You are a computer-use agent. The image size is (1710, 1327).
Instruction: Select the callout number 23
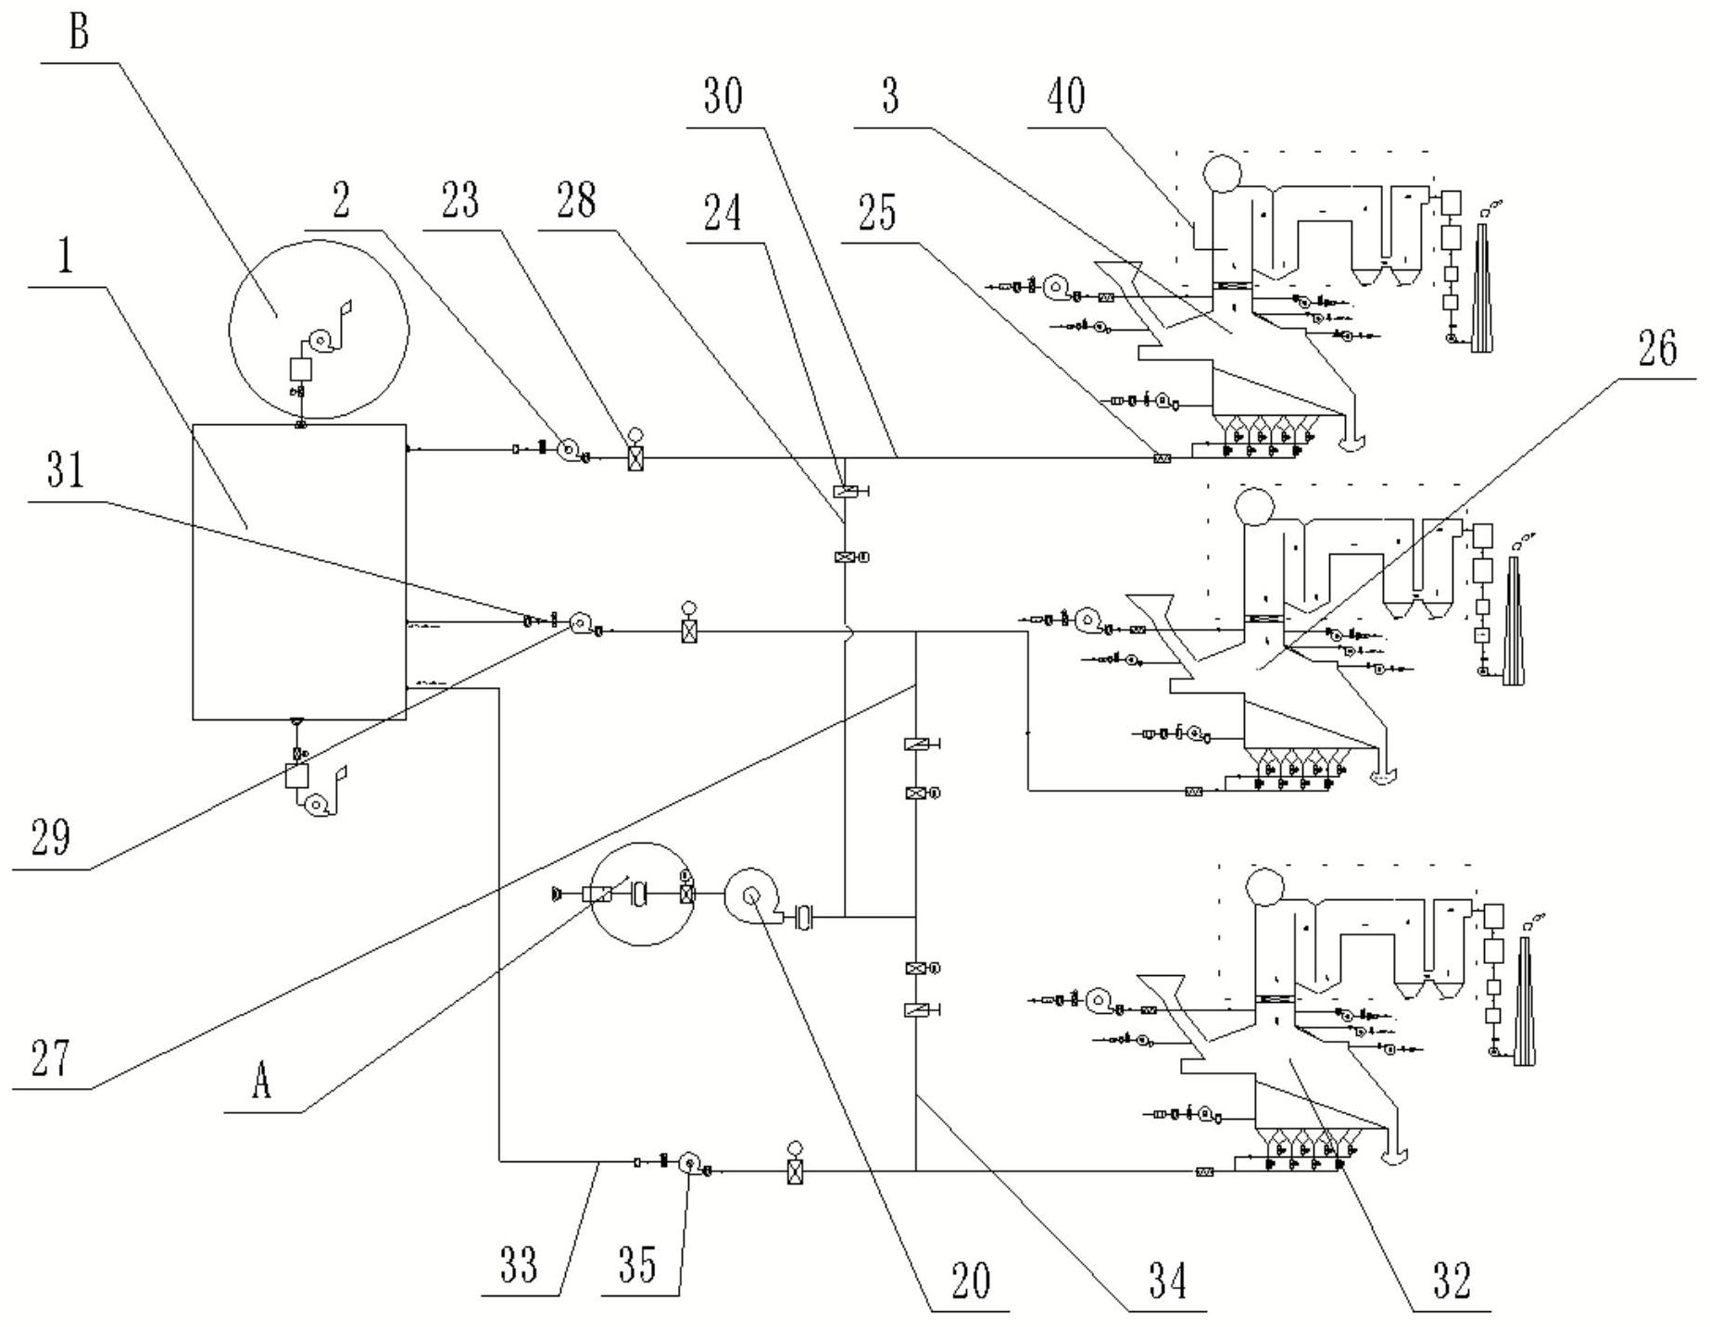459,199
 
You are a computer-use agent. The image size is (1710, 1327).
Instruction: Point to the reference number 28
577,199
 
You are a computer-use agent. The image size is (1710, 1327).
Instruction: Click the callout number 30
723,95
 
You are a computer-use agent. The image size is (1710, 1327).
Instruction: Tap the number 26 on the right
1658,349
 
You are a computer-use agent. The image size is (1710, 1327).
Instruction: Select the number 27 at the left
50,1058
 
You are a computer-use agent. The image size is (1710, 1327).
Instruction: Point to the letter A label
262,1080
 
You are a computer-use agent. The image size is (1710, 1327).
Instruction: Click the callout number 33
519,1265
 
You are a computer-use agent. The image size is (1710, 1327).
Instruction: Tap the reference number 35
637,1265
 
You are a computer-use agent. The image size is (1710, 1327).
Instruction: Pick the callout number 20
970,1281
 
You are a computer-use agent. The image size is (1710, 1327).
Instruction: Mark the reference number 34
1167,1281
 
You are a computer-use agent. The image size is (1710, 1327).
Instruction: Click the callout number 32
1452,1281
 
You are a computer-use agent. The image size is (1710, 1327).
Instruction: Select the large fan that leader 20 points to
753,896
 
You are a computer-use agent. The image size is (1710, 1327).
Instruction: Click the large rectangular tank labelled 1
299,571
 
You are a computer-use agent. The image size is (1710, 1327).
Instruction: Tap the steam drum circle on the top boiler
1226,172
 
